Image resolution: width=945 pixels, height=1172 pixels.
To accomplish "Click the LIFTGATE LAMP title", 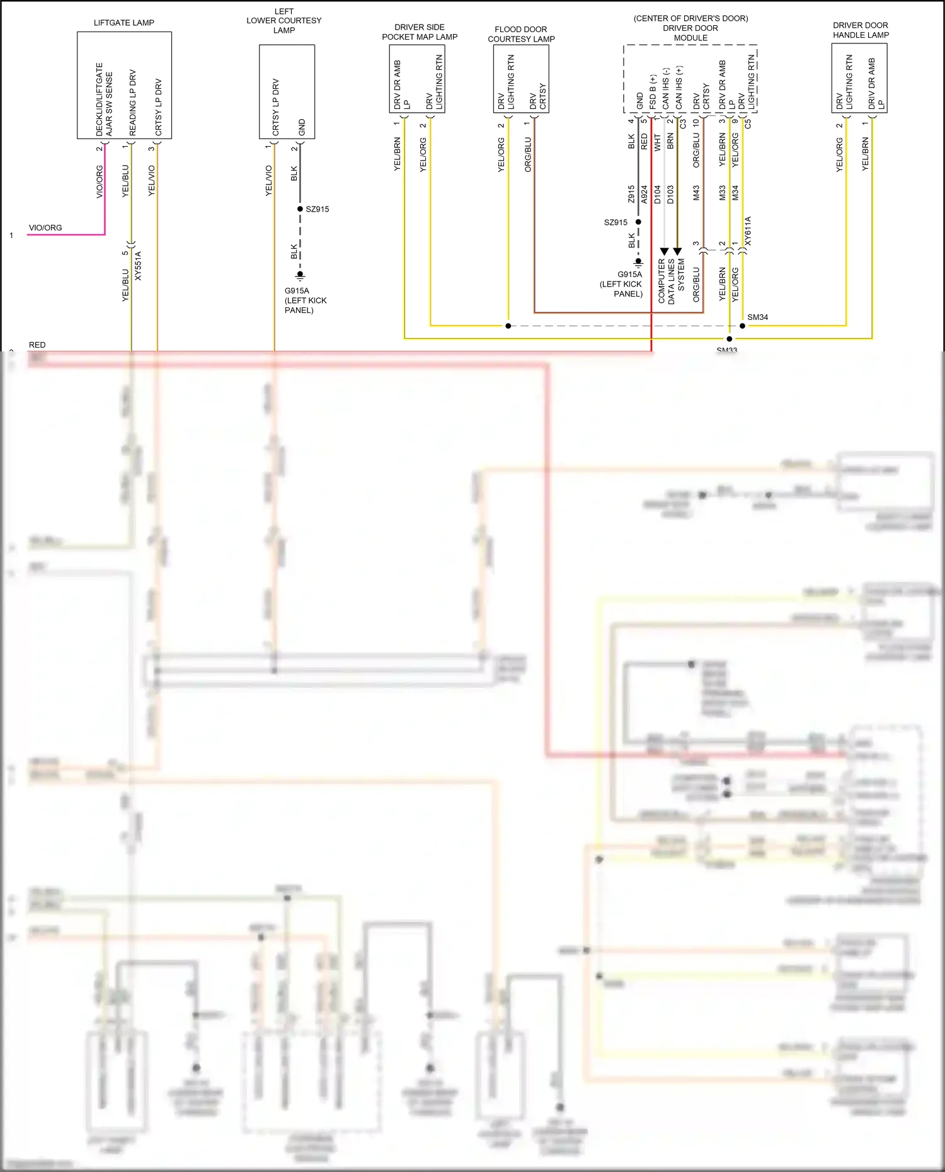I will (x=124, y=23).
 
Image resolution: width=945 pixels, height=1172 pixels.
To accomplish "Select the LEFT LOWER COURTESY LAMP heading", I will (x=284, y=21).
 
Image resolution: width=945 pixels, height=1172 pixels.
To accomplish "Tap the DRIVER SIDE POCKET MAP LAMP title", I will (x=420, y=32).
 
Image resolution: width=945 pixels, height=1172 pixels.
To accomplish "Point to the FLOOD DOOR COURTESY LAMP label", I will (x=521, y=34).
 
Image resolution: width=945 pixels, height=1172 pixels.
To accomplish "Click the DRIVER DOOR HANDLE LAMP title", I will (x=861, y=30).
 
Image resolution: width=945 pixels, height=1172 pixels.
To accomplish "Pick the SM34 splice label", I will (x=757, y=317).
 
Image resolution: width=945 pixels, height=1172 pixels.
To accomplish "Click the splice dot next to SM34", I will (x=742, y=326).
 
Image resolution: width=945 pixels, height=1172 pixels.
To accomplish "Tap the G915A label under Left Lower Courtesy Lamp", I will (x=297, y=291).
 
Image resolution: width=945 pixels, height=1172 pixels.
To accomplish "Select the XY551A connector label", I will (x=139, y=266).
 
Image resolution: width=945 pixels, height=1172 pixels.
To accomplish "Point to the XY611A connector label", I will (x=748, y=231).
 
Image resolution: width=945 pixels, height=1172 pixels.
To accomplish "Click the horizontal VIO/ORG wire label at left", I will (x=45, y=228).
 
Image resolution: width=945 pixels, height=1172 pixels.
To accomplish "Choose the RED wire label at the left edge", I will (x=37, y=345).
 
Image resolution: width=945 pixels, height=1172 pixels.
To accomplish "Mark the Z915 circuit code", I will (x=631, y=194).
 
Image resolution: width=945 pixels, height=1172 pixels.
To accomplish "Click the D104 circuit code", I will (x=658, y=194).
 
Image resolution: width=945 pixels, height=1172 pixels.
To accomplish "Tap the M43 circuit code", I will (x=696, y=193).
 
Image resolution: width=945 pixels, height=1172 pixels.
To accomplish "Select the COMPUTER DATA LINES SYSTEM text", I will (x=671, y=281).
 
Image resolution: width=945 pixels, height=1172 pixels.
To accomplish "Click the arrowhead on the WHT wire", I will (x=664, y=251).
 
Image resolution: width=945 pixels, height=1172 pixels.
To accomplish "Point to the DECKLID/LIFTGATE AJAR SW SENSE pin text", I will (x=104, y=100).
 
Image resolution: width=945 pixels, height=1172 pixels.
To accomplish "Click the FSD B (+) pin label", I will (x=653, y=92).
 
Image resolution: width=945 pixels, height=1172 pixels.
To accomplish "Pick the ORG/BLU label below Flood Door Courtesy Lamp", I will (x=528, y=155).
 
